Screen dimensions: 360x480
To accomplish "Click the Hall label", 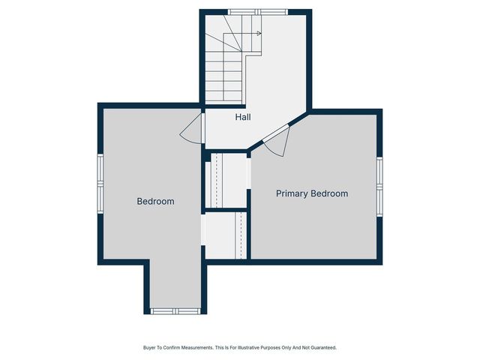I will [243, 118].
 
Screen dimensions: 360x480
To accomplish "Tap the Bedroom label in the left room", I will [155, 202].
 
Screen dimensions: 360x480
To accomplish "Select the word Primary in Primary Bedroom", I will [292, 193].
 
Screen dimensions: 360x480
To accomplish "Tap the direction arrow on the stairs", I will [258, 34].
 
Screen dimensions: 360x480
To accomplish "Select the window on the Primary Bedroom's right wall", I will [379, 185].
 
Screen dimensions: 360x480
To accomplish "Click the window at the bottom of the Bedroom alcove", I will [175, 310].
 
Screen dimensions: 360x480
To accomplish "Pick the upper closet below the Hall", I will [226, 180].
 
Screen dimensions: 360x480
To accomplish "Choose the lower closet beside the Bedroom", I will [225, 235].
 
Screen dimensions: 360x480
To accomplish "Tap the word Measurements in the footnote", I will [192, 348].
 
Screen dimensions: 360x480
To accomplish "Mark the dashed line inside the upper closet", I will [216, 180].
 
